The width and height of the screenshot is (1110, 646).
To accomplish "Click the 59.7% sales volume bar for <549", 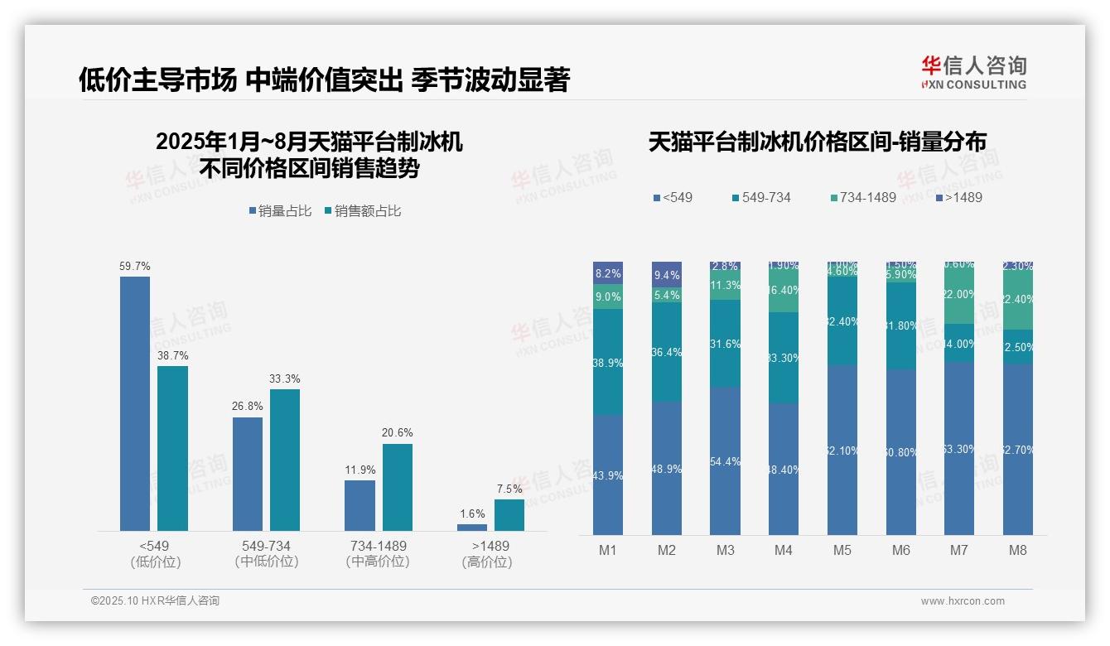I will tap(135, 403).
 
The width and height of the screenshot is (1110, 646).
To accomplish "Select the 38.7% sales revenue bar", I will tap(172, 448).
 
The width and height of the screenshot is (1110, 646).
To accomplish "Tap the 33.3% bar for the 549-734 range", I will tap(285, 460).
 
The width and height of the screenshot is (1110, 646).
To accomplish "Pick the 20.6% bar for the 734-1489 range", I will tap(397, 487).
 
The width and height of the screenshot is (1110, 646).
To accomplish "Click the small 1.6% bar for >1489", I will tap(472, 527).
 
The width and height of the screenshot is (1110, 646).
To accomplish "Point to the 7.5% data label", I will tap(509, 489).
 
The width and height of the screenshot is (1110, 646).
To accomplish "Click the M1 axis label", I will tap(607, 550).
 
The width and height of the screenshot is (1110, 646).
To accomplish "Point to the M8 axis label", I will tap(1018, 550).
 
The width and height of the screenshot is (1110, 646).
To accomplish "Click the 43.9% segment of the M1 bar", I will tap(607, 475).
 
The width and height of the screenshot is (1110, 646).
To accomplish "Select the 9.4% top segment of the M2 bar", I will tap(666, 275).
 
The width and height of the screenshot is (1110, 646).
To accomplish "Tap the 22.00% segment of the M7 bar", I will tap(959, 295).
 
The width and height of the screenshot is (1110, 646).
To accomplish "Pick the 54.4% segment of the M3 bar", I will tap(725, 460).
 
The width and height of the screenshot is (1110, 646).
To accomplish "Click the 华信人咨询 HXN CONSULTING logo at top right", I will tap(973, 72).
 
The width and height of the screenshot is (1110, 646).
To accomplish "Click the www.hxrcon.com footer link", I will tap(963, 601).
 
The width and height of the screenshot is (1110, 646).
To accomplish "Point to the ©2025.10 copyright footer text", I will tap(155, 600).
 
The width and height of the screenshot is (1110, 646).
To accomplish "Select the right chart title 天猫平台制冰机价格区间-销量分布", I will tap(817, 142).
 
